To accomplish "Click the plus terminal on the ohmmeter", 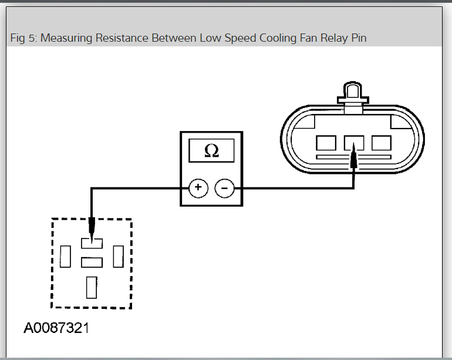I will [198, 188].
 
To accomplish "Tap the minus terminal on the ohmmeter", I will [224, 188].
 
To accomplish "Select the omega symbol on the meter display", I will [211, 151].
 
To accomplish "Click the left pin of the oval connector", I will [326, 143].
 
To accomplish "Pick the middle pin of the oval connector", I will [354, 143].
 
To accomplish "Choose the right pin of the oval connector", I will [382, 143].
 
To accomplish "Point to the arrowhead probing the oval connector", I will [353, 159].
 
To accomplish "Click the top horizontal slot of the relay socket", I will [92, 241].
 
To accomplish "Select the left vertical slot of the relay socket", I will [65, 255].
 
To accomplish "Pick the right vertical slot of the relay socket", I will [118, 255].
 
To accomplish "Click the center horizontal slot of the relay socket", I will [92, 262].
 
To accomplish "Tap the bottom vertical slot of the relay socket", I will [92, 287].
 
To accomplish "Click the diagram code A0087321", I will [56, 328].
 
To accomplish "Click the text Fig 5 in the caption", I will [23, 39].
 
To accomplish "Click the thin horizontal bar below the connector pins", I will [353, 157].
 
